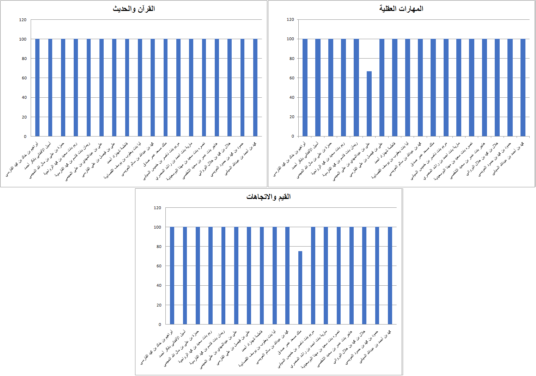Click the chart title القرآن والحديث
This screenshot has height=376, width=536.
point(134,9)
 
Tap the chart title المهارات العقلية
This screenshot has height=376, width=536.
point(401,8)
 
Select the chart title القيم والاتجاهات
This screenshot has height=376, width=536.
point(268,197)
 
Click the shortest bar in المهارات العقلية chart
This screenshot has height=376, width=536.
point(369,104)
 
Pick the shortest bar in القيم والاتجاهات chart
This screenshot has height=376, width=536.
point(300,287)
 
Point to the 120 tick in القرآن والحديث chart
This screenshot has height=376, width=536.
point(23,20)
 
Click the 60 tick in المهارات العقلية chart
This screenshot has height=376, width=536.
point(292,78)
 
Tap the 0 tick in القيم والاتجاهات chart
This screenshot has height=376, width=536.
point(160,325)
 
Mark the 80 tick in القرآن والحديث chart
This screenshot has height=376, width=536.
point(24,59)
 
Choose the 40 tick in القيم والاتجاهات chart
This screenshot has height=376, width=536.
point(159,285)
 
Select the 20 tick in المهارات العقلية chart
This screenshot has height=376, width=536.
point(292,117)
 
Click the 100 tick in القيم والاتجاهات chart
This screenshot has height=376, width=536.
point(157,227)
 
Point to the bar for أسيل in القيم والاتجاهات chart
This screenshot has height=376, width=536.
point(185,275)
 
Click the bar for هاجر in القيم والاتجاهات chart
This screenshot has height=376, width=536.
point(352,275)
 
